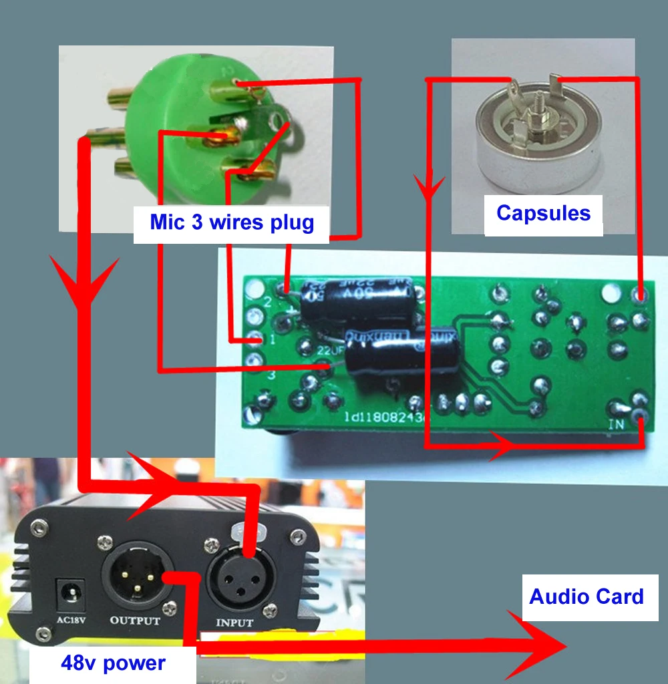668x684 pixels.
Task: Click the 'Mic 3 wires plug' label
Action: pyautogui.click(x=232, y=222)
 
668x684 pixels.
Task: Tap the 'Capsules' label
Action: pyautogui.click(x=543, y=213)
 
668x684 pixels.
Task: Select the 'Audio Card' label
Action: pyautogui.click(x=587, y=596)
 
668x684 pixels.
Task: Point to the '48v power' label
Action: pyautogui.click(x=113, y=663)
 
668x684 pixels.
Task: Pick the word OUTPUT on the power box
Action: pyautogui.click(x=134, y=621)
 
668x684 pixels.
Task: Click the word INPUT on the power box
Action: pyautogui.click(x=234, y=623)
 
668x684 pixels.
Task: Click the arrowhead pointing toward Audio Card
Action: pyautogui.click(x=541, y=645)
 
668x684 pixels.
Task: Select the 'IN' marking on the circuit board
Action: pyautogui.click(x=619, y=424)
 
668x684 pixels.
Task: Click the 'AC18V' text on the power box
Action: pyautogui.click(x=69, y=619)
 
